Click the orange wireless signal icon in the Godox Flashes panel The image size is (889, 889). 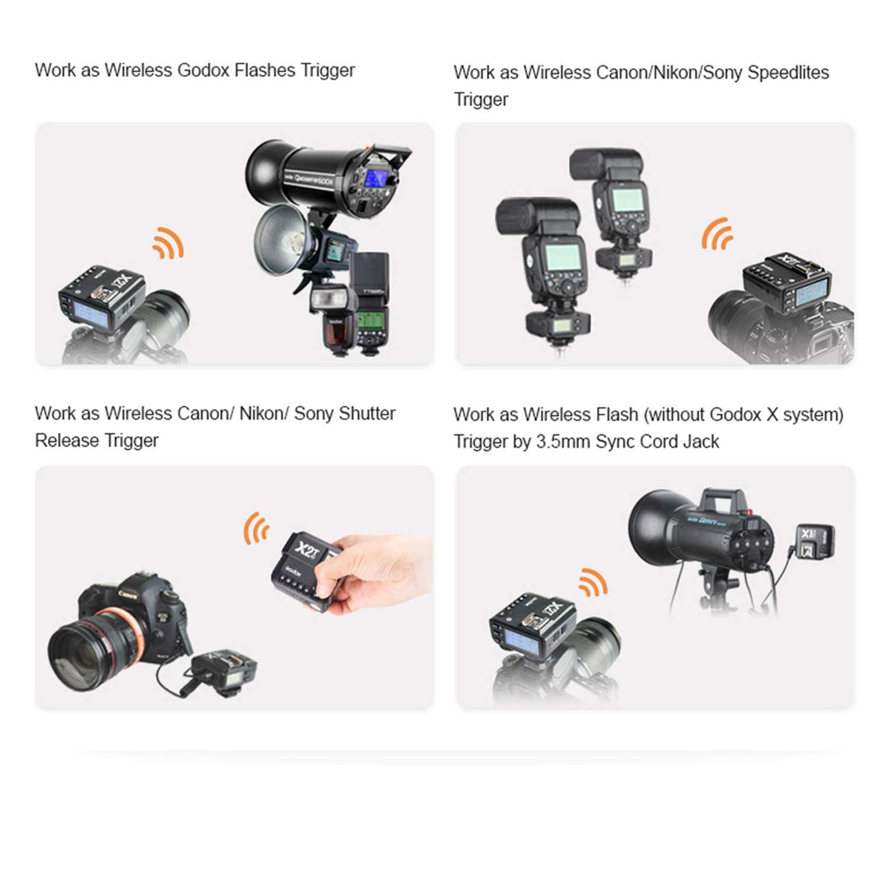coord(168,242)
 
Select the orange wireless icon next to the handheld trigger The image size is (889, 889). coord(256,528)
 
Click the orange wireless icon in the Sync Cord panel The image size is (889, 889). coord(593,582)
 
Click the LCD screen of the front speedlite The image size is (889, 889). coord(562,256)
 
